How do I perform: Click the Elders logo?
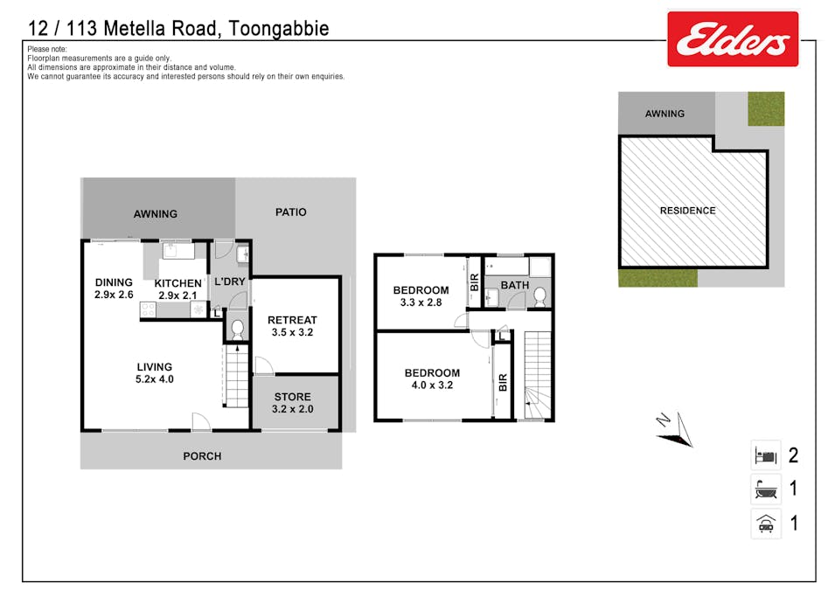point(733,38)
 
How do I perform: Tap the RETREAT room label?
point(292,320)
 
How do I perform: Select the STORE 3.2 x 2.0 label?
point(292,403)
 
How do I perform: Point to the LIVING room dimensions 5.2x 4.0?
point(155,379)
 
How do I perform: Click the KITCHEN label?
point(177,283)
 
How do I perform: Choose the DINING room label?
point(114,282)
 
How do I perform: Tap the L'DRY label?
point(230,281)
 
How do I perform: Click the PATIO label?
point(291,212)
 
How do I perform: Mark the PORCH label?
point(202,455)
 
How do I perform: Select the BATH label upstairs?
point(515,286)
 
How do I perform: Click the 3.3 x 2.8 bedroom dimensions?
point(421,302)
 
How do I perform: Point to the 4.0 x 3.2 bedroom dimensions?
point(433,385)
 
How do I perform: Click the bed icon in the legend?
point(766,455)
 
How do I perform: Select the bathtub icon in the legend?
point(766,489)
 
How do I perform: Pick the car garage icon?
point(766,524)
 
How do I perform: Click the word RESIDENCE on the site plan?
point(688,211)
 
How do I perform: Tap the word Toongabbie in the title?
point(279,28)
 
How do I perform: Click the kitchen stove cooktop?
point(148,309)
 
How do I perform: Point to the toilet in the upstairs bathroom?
point(540,296)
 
